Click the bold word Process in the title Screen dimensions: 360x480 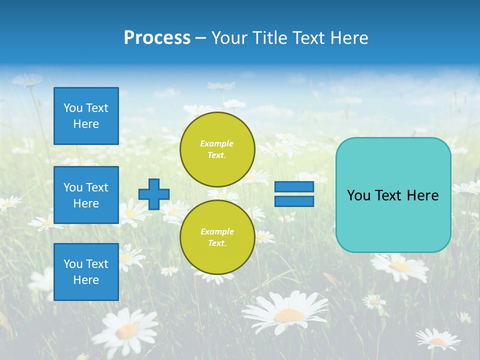pyautogui.click(x=157, y=38)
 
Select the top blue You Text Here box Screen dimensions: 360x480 pyautogui.click(x=86, y=116)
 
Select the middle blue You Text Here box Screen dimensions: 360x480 pyautogui.click(x=86, y=195)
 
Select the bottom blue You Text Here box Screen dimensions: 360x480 pyautogui.click(x=86, y=272)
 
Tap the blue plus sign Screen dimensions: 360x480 pyautogui.click(x=154, y=194)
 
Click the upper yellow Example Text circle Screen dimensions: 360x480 pyautogui.click(x=217, y=149)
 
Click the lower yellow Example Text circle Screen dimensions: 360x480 pyautogui.click(x=217, y=237)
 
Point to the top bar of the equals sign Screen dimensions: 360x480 pyautogui.click(x=294, y=187)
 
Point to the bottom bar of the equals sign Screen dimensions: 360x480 pyautogui.click(x=294, y=201)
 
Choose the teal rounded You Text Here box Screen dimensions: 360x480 pyautogui.click(x=393, y=195)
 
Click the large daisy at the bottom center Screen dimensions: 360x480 pyautogui.click(x=287, y=313)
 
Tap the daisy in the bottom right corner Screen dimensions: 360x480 pyautogui.click(x=438, y=340)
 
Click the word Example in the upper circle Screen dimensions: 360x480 pyautogui.click(x=217, y=143)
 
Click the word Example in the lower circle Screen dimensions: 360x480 pyautogui.click(x=217, y=231)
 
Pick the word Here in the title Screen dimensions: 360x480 pyautogui.click(x=349, y=38)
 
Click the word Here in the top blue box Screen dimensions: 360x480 pyautogui.click(x=86, y=124)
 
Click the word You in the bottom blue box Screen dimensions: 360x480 pyautogui.click(x=73, y=264)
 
